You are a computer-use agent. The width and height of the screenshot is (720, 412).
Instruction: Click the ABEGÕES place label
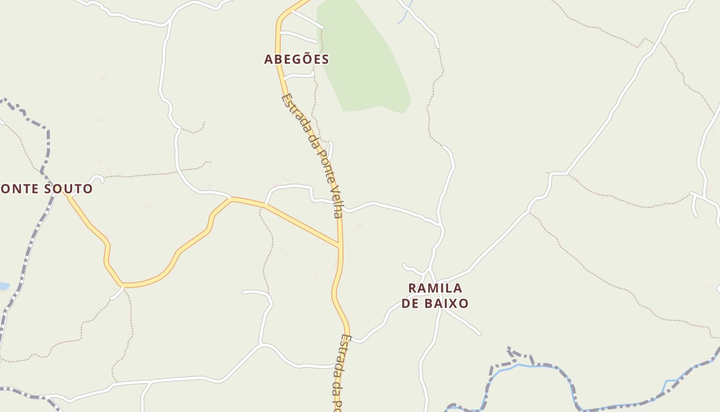296,59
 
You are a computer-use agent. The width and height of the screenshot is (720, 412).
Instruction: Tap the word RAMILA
435,288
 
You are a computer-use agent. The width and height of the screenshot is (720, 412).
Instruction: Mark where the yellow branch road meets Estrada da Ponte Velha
339,245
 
